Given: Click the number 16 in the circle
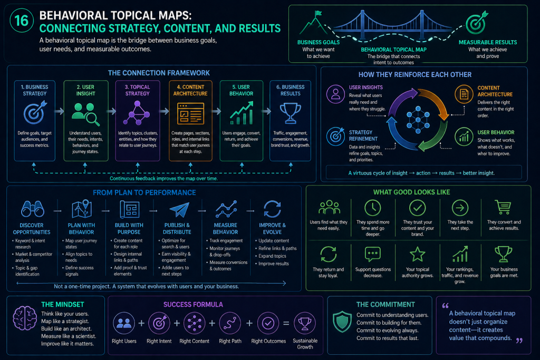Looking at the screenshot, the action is coord(21,21).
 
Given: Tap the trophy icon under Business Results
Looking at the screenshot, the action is coord(291,113).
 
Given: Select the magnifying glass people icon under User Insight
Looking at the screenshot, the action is coord(85,114).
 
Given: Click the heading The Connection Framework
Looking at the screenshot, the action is coord(159,73).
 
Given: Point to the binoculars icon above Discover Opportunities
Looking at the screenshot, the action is coord(32,209).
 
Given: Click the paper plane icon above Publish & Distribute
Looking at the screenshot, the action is coord(179,209).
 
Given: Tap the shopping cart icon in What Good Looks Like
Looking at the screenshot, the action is coord(503,207).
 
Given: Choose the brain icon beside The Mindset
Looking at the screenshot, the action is coord(25,318).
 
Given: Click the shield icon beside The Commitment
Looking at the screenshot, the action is coord(342,322).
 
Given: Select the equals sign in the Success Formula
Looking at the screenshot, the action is coord(286,324).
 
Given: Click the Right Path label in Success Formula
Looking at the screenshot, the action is coord(230,341).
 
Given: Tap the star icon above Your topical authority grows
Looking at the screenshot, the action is coord(418,255).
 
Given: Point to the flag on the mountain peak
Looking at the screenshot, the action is coord(318,13).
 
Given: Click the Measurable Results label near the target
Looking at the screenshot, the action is coord(488,42).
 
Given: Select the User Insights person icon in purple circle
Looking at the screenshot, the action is coord(336,94).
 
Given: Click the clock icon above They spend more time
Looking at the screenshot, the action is coord(373,208).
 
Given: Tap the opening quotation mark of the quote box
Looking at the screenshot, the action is coord(445,306).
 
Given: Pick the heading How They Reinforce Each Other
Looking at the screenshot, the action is coord(415,75).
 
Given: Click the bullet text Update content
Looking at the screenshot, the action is coord(274,241).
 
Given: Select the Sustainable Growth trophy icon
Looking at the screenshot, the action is coord(305,323).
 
